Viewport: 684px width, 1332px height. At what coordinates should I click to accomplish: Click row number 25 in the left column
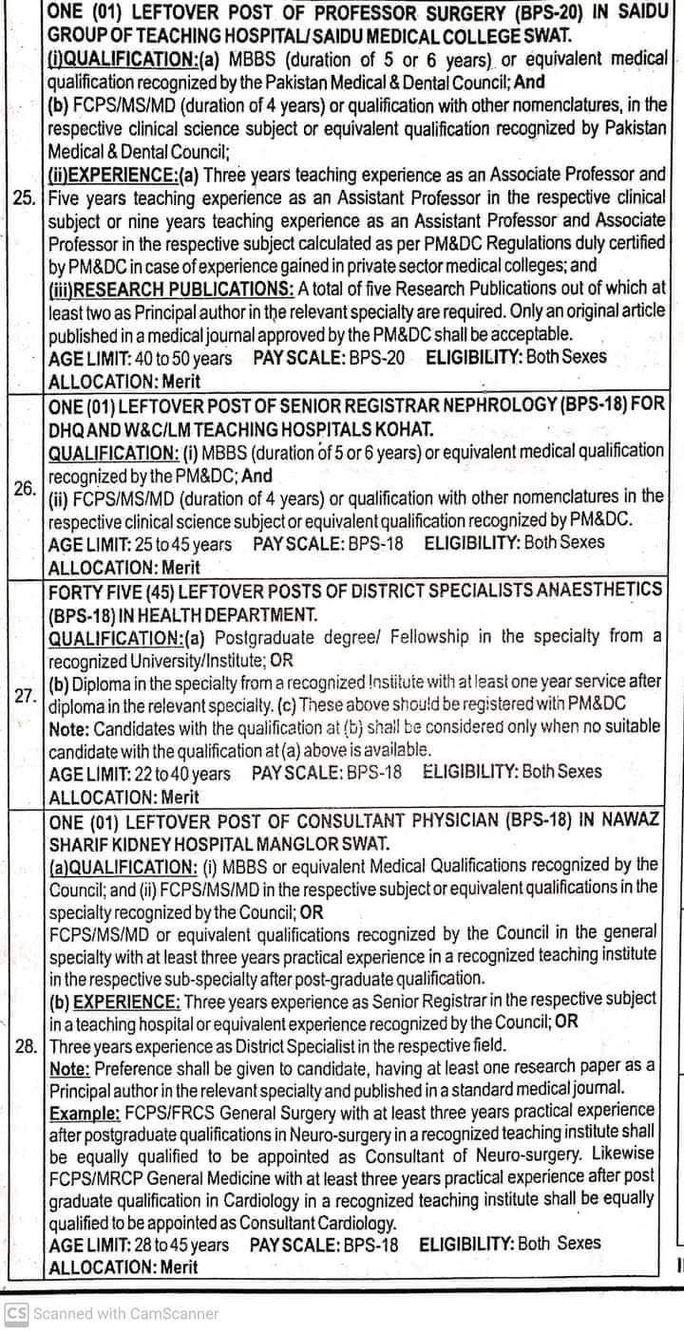(23, 198)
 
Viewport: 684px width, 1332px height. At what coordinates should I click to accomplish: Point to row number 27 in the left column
(25, 694)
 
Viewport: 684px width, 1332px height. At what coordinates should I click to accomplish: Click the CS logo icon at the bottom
(16, 1314)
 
